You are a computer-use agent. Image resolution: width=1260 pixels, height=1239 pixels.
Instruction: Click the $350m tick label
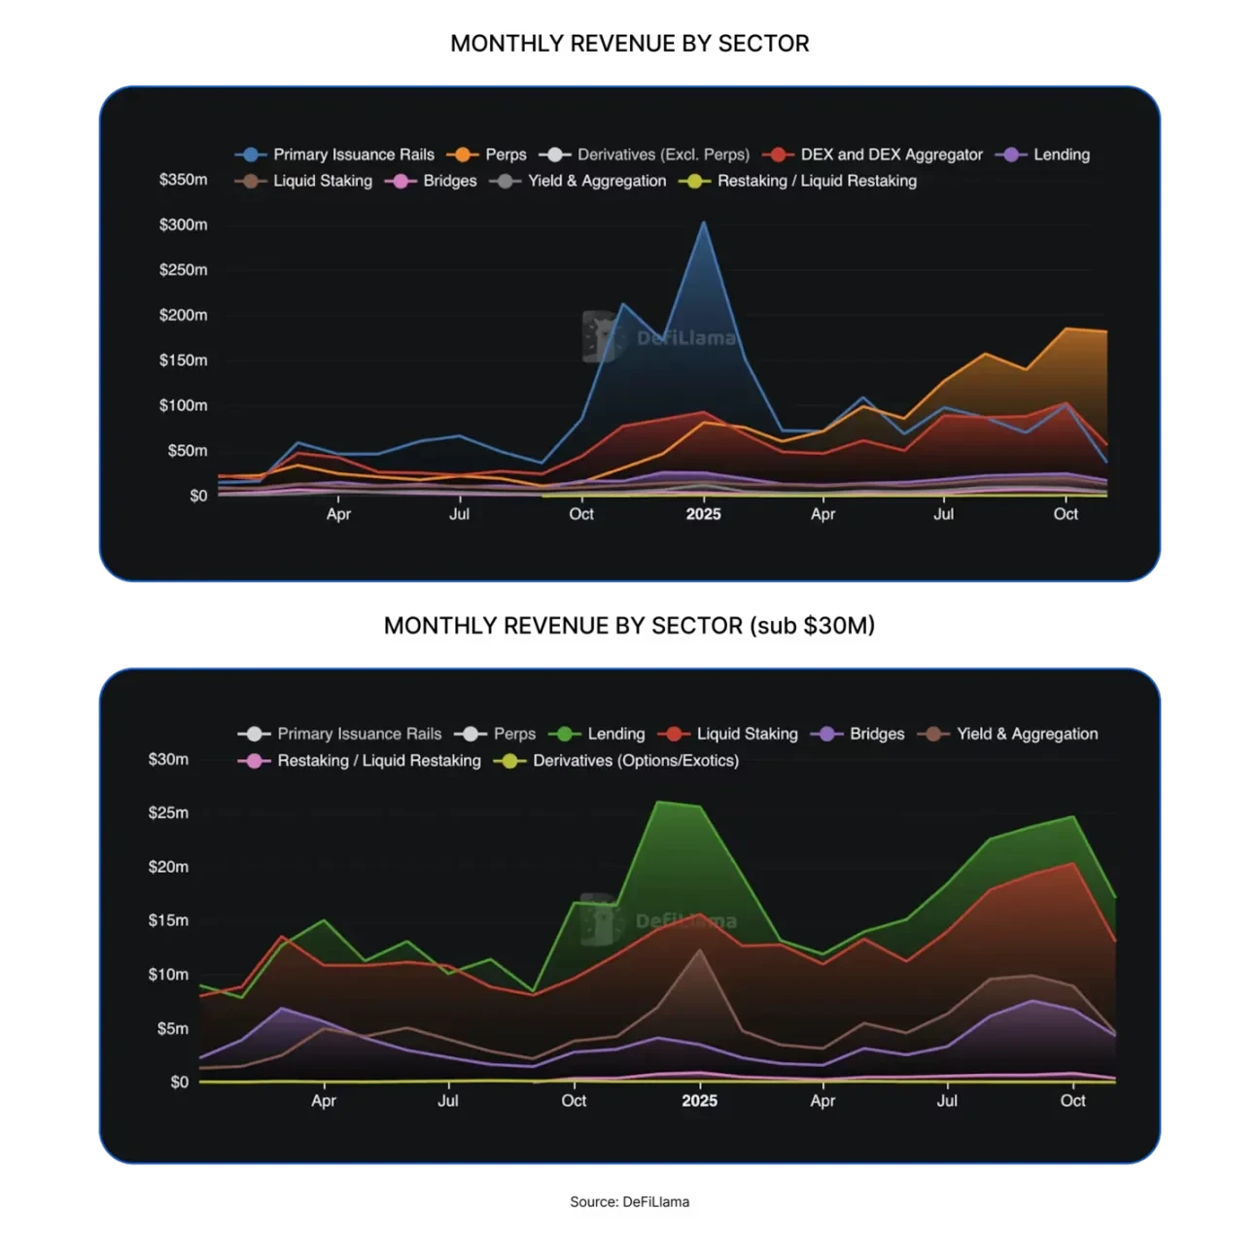[183, 180]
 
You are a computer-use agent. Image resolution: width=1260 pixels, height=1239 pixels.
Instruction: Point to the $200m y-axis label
[183, 315]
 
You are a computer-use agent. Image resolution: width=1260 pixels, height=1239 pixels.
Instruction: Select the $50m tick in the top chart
[187, 451]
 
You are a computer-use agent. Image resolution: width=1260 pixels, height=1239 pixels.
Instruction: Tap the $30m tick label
[168, 759]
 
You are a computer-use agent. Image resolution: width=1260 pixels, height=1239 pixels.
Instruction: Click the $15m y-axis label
[168, 920]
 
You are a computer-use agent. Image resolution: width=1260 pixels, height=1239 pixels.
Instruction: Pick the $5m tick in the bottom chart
[172, 1028]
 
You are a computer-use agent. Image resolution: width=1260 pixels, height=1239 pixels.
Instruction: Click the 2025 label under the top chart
[703, 514]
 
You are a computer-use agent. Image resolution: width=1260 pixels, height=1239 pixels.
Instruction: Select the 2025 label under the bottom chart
[699, 1101]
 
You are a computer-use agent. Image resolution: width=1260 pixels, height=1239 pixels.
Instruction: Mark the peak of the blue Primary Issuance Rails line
[703, 223]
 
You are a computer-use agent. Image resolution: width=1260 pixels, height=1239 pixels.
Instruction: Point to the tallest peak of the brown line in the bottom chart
[699, 950]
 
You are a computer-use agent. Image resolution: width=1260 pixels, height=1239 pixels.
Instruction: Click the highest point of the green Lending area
[658, 802]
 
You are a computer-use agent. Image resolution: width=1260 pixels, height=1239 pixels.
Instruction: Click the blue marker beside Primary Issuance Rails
[253, 155]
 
